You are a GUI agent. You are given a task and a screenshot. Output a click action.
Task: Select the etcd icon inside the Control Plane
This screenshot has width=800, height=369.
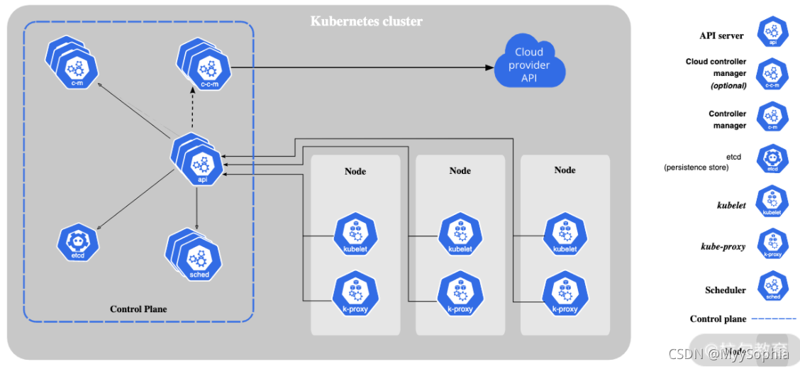pos(77,243)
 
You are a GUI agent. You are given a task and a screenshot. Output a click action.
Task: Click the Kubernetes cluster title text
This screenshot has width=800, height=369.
pos(367,21)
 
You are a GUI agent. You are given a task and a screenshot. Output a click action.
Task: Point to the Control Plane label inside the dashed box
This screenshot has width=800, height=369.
pos(138,309)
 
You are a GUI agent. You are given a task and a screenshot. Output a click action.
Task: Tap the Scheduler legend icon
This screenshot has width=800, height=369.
pos(772,287)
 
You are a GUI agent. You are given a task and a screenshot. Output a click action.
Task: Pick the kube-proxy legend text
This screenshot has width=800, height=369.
pos(723,246)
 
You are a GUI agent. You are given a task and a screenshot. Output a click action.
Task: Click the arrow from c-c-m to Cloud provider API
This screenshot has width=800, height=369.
pos(362,68)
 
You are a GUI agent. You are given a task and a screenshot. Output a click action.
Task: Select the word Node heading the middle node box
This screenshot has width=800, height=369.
pos(460,170)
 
